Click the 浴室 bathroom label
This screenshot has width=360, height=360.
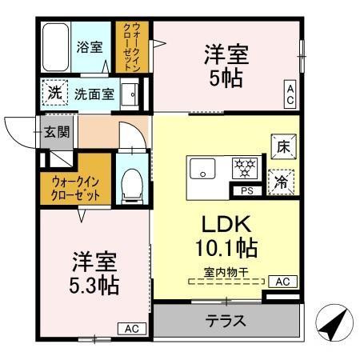[90, 47]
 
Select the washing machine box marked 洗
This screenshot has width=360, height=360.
[54, 92]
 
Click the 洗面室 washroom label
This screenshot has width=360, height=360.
[94, 94]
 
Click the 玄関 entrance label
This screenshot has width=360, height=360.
[50, 131]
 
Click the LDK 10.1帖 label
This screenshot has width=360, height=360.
[226, 233]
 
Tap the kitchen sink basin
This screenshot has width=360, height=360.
[202, 169]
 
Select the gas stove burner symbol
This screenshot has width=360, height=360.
[243, 168]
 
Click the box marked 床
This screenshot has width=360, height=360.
[282, 146]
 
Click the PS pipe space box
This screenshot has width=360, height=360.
[245, 190]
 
